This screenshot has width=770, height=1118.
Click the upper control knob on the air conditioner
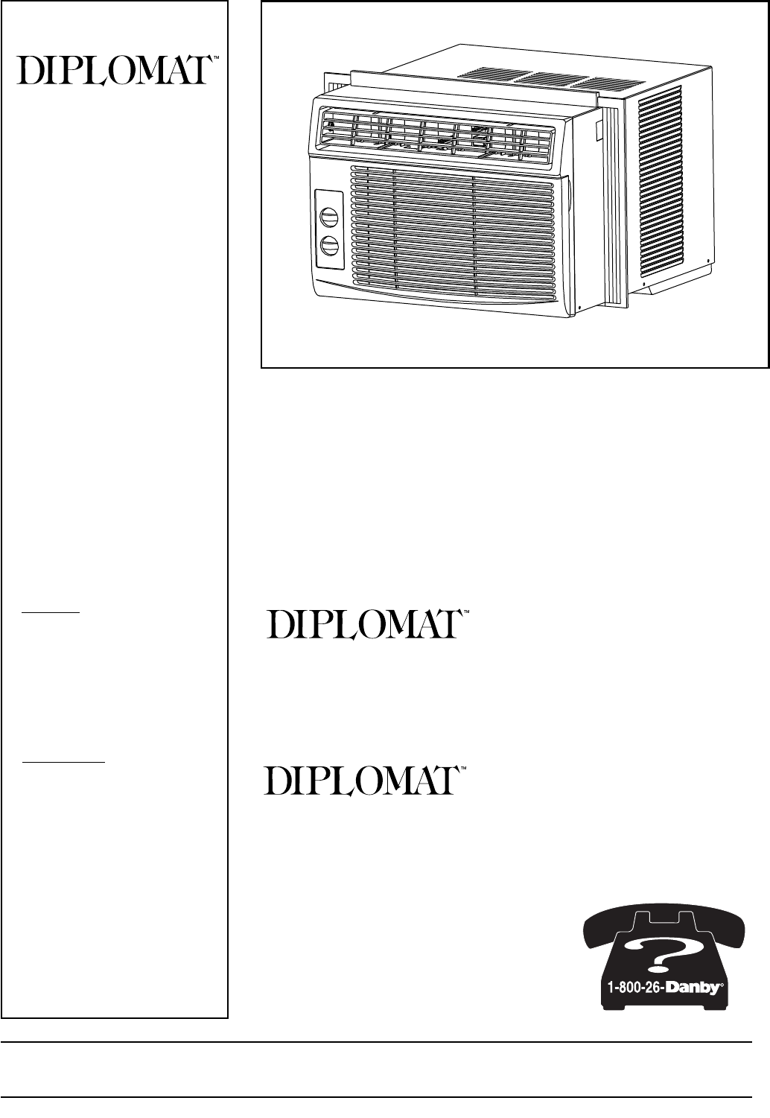(328, 217)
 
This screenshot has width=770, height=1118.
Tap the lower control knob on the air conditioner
(328, 246)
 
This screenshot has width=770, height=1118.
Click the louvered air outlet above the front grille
(437, 135)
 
